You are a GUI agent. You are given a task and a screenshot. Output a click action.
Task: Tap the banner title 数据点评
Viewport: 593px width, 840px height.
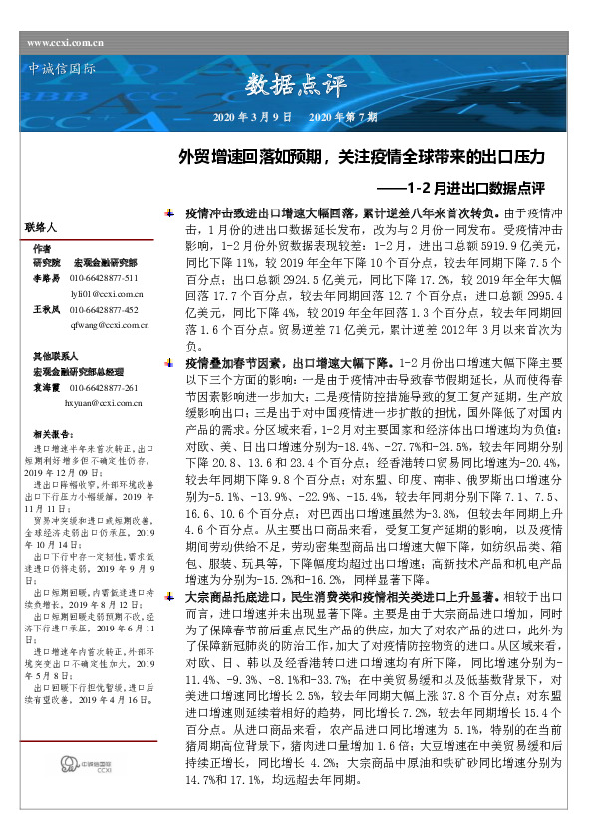coord(302,84)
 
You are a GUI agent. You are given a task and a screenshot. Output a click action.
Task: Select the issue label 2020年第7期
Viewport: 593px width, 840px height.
coord(344,117)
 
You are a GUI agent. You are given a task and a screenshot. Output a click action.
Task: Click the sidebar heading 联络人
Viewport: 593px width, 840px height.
coord(46,228)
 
